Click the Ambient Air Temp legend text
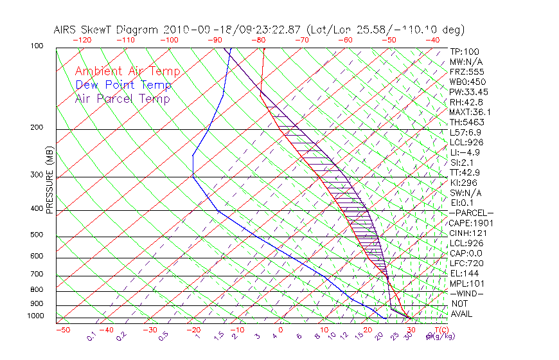coord(127,71)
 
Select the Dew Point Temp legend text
coord(123,85)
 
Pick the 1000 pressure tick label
coord(36,316)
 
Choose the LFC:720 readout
coord(466,263)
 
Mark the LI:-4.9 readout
coord(465,152)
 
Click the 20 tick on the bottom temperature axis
coord(368,330)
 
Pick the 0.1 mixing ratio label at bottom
coord(91,336)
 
